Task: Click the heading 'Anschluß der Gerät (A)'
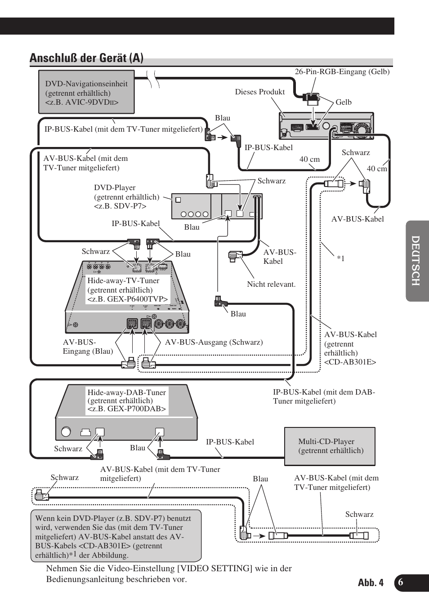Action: [86, 58]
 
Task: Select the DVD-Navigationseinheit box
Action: [86, 92]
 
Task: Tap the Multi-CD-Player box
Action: [330, 446]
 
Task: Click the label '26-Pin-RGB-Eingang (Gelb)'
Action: [342, 71]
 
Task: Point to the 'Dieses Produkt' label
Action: [259, 92]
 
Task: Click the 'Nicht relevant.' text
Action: [271, 284]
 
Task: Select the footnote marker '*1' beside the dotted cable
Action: [341, 258]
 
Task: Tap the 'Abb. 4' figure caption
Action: [371, 583]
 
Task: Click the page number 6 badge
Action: [401, 582]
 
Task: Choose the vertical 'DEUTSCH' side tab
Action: [416, 261]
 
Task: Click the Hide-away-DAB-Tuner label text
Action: [126, 400]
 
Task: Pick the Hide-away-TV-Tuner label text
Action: [127, 290]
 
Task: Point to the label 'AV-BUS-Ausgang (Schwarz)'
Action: [214, 342]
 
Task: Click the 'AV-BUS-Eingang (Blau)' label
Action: [88, 347]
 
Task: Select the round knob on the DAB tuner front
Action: [66, 432]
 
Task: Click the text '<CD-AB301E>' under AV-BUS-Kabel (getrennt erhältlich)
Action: [350, 362]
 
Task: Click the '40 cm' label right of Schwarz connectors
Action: [377, 169]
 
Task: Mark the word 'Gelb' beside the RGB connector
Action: [344, 102]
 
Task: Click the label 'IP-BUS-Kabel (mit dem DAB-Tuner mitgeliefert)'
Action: [324, 396]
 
